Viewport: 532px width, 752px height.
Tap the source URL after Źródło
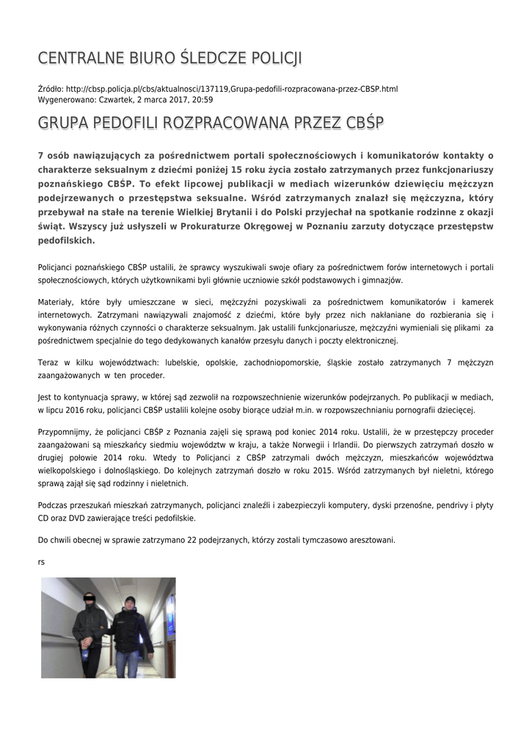[232, 89]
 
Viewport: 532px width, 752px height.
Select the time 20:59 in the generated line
[202, 99]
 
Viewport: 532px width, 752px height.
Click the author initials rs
[41, 562]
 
